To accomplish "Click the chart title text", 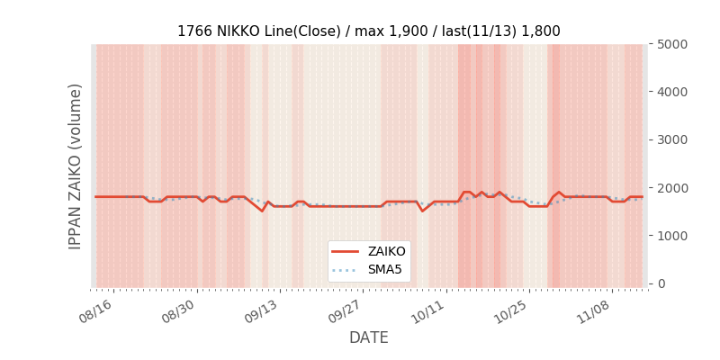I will point(368,31).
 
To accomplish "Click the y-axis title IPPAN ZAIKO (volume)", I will point(76,166).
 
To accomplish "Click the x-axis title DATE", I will point(368,337).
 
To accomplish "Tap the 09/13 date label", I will point(260,310).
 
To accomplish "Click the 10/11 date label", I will point(427,310).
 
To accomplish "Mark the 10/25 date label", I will point(509,310).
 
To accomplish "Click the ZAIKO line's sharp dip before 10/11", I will point(422,211).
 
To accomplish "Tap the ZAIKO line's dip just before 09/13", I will point(262,211).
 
